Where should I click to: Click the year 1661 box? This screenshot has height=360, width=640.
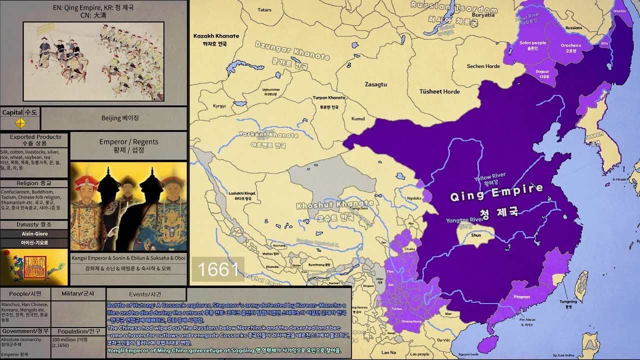coord(218,269)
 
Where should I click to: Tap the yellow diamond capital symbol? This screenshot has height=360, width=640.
coord(20,123)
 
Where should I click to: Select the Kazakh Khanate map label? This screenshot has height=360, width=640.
coord(216,36)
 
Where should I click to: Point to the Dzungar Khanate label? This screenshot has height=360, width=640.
coord(292,50)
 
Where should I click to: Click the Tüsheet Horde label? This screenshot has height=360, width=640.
coord(439,91)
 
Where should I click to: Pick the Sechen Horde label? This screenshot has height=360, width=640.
coord(483,66)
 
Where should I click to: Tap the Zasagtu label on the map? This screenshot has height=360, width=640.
coord(375,84)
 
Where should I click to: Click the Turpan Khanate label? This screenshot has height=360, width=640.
coord(328,98)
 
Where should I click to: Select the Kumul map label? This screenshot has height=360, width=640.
coord(358,119)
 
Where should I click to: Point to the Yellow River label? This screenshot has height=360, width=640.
coord(489,177)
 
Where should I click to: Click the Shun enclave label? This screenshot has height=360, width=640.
coord(476,235)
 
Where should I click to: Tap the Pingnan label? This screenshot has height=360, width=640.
coord(521,297)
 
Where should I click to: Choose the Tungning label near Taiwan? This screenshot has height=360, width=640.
coord(568,301)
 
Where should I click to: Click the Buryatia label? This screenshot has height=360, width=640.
coord(483,15)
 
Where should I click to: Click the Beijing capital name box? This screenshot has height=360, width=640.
coord(113,118)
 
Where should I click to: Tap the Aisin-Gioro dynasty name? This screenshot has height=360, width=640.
coord(34,233)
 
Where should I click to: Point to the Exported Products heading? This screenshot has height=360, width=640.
coord(35,137)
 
